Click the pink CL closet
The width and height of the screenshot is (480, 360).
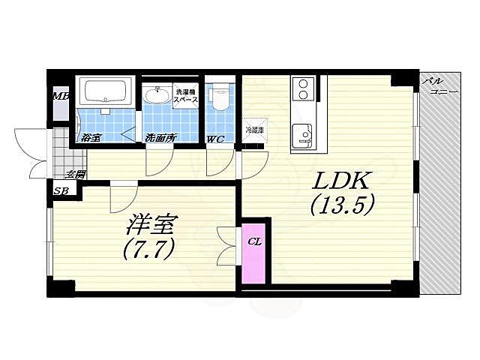click(253, 253)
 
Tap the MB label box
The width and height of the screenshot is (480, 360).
click(60, 96)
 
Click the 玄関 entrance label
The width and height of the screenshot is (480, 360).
click(74, 174)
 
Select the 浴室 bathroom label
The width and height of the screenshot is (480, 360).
click(91, 137)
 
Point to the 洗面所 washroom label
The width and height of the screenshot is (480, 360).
click(160, 137)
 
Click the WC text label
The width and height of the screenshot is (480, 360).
click(214, 138)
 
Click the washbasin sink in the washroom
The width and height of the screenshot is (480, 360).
click(157, 95)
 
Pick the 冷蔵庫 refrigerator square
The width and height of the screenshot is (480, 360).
click(255, 130)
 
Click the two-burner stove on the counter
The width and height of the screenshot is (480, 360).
click(304, 89)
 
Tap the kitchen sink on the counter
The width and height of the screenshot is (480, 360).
click(304, 133)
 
